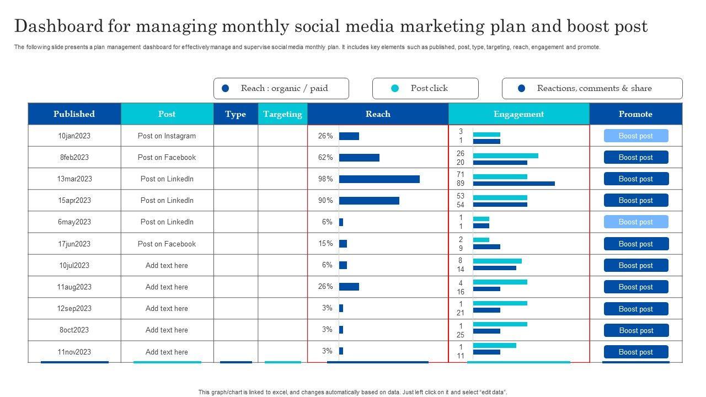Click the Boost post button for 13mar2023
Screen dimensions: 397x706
click(x=636, y=179)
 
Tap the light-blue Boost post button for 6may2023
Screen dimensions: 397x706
click(x=636, y=222)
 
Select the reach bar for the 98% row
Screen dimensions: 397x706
click(x=379, y=179)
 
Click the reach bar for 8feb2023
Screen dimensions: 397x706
click(x=359, y=158)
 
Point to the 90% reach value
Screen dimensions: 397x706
click(x=325, y=201)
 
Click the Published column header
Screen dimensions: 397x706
click(x=74, y=114)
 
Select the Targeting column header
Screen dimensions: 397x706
click(x=282, y=114)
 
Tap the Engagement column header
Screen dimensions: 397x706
click(x=518, y=114)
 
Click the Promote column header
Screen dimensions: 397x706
click(x=635, y=114)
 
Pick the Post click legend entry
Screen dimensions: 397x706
click(x=425, y=88)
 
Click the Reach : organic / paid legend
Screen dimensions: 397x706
click(x=281, y=88)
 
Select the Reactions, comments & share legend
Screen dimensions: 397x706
click(x=592, y=88)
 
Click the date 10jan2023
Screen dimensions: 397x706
click(x=74, y=136)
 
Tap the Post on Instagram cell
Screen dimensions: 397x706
click(x=167, y=136)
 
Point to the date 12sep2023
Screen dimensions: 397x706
click(x=74, y=309)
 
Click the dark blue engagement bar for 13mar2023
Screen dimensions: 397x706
click(x=514, y=184)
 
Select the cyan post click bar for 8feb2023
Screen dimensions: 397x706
click(x=506, y=155)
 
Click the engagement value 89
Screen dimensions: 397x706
click(x=461, y=184)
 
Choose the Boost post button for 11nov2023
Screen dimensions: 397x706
click(x=636, y=352)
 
